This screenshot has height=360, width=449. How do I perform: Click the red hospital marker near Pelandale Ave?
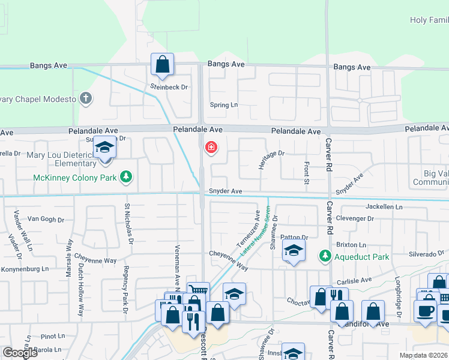tap(211, 147)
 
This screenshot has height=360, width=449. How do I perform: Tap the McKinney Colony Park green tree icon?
tap(126, 176)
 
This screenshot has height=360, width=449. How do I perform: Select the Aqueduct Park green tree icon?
tap(325, 257)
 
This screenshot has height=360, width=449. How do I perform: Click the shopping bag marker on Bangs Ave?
tap(162, 64)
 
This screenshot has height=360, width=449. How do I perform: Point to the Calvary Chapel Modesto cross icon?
tap(86, 98)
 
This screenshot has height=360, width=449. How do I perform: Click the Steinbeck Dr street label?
tap(169, 87)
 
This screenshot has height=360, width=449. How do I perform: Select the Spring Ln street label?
tap(224, 105)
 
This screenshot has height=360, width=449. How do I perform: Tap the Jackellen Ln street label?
tap(384, 206)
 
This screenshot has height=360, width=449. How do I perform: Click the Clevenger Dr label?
tap(355, 219)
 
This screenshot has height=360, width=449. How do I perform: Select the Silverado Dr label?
tap(427, 254)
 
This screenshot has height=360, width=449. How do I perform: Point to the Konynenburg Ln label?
tap(24, 269)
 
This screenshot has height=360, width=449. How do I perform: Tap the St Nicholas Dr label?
tap(128, 224)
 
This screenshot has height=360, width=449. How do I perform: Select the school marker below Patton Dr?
tap(294, 251)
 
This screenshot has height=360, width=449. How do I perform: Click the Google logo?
tap(20, 353)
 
